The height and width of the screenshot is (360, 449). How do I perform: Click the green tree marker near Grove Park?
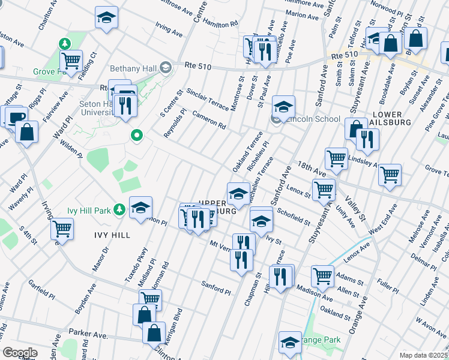[64, 43]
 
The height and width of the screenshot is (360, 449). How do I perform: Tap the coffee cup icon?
[16, 116]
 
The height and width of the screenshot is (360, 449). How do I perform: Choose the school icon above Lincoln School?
[283, 107]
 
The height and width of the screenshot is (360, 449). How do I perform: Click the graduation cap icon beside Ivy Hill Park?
[140, 208]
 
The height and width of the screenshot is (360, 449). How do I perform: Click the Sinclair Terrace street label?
[207, 99]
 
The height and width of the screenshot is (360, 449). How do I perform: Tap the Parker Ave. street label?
[87, 331]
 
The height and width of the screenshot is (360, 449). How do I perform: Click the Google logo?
[20, 353]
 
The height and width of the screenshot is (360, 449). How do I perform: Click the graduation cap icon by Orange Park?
[291, 342]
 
